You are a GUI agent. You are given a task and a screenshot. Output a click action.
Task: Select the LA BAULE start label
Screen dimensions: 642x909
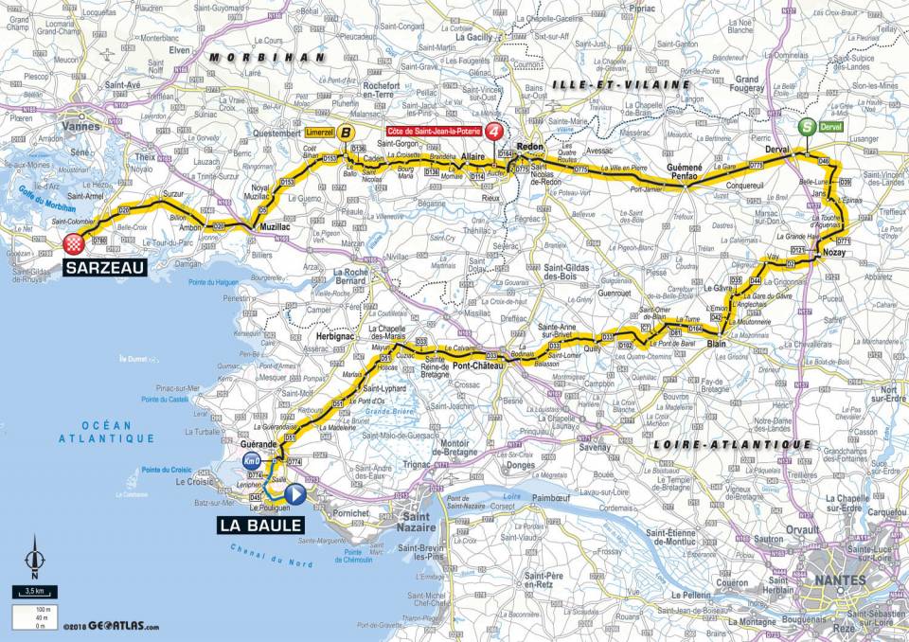[x=261, y=524]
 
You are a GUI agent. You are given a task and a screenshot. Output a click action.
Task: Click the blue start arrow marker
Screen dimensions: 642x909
[x=294, y=493]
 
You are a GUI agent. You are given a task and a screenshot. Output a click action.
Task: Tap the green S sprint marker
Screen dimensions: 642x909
[x=806, y=124]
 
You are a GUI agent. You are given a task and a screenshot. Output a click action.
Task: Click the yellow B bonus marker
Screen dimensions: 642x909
[x=347, y=134]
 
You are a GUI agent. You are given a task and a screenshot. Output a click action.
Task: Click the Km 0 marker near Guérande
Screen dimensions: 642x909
[x=251, y=460]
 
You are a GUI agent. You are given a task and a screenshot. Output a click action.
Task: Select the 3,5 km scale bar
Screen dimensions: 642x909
[x=33, y=592]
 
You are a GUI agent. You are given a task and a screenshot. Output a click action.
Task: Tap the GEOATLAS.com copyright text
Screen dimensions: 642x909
[x=112, y=627]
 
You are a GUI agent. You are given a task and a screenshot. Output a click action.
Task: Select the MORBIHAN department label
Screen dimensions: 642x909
[x=254, y=57]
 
